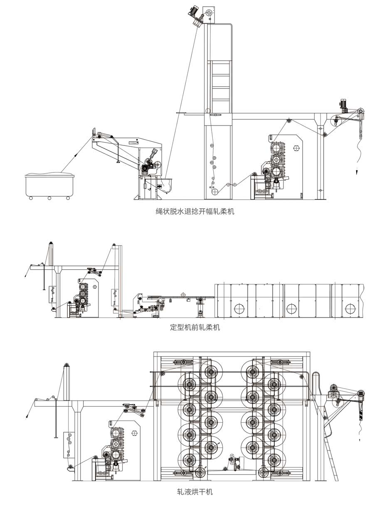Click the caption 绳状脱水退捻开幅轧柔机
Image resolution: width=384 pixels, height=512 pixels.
tap(195, 212)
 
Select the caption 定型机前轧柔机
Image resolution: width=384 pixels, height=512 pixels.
tap(195, 327)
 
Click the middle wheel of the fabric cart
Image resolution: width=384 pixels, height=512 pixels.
tap(49, 198)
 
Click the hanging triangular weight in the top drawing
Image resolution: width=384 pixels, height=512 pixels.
tap(118, 162)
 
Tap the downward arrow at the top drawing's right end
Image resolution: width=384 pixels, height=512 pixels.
tap(357, 172)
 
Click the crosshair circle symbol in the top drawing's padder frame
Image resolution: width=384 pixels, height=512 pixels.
tap(296, 148)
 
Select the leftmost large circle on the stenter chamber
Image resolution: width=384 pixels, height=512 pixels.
tap(239, 309)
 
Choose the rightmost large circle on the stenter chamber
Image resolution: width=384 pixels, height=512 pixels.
tap(350, 309)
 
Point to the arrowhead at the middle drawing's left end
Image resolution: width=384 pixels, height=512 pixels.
tap(25, 276)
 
